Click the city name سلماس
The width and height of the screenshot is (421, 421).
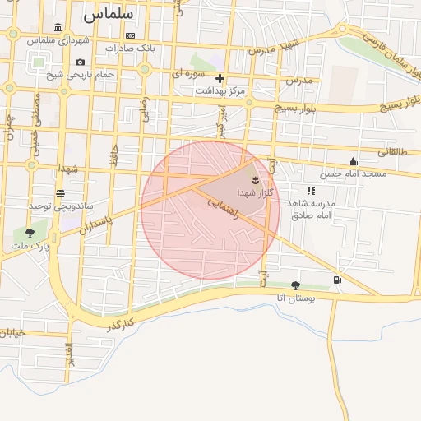point(108,14)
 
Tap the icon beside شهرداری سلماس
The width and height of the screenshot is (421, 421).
point(57,27)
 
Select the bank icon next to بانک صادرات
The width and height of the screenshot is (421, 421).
point(131,35)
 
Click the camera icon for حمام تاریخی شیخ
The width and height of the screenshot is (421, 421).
point(80,62)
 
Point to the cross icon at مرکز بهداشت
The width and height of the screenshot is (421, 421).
point(220,79)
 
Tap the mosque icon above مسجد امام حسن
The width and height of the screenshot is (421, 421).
point(354,162)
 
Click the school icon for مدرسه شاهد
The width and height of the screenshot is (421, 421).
point(311,191)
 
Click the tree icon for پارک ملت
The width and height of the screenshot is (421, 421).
point(30,233)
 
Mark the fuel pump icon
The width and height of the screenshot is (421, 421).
point(337,280)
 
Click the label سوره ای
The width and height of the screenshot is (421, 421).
point(187,74)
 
